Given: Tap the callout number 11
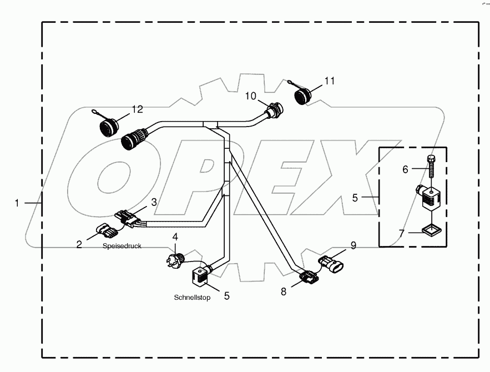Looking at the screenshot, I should (x=330, y=81).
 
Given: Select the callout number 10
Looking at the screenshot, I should (x=250, y=96).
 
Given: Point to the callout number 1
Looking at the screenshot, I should (x=17, y=203).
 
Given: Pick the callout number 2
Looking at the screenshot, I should (x=79, y=244).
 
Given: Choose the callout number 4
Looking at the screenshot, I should (x=175, y=237).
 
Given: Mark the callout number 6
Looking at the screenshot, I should (x=405, y=169).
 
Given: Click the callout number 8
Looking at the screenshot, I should (x=284, y=291).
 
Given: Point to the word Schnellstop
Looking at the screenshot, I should (x=192, y=298).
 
